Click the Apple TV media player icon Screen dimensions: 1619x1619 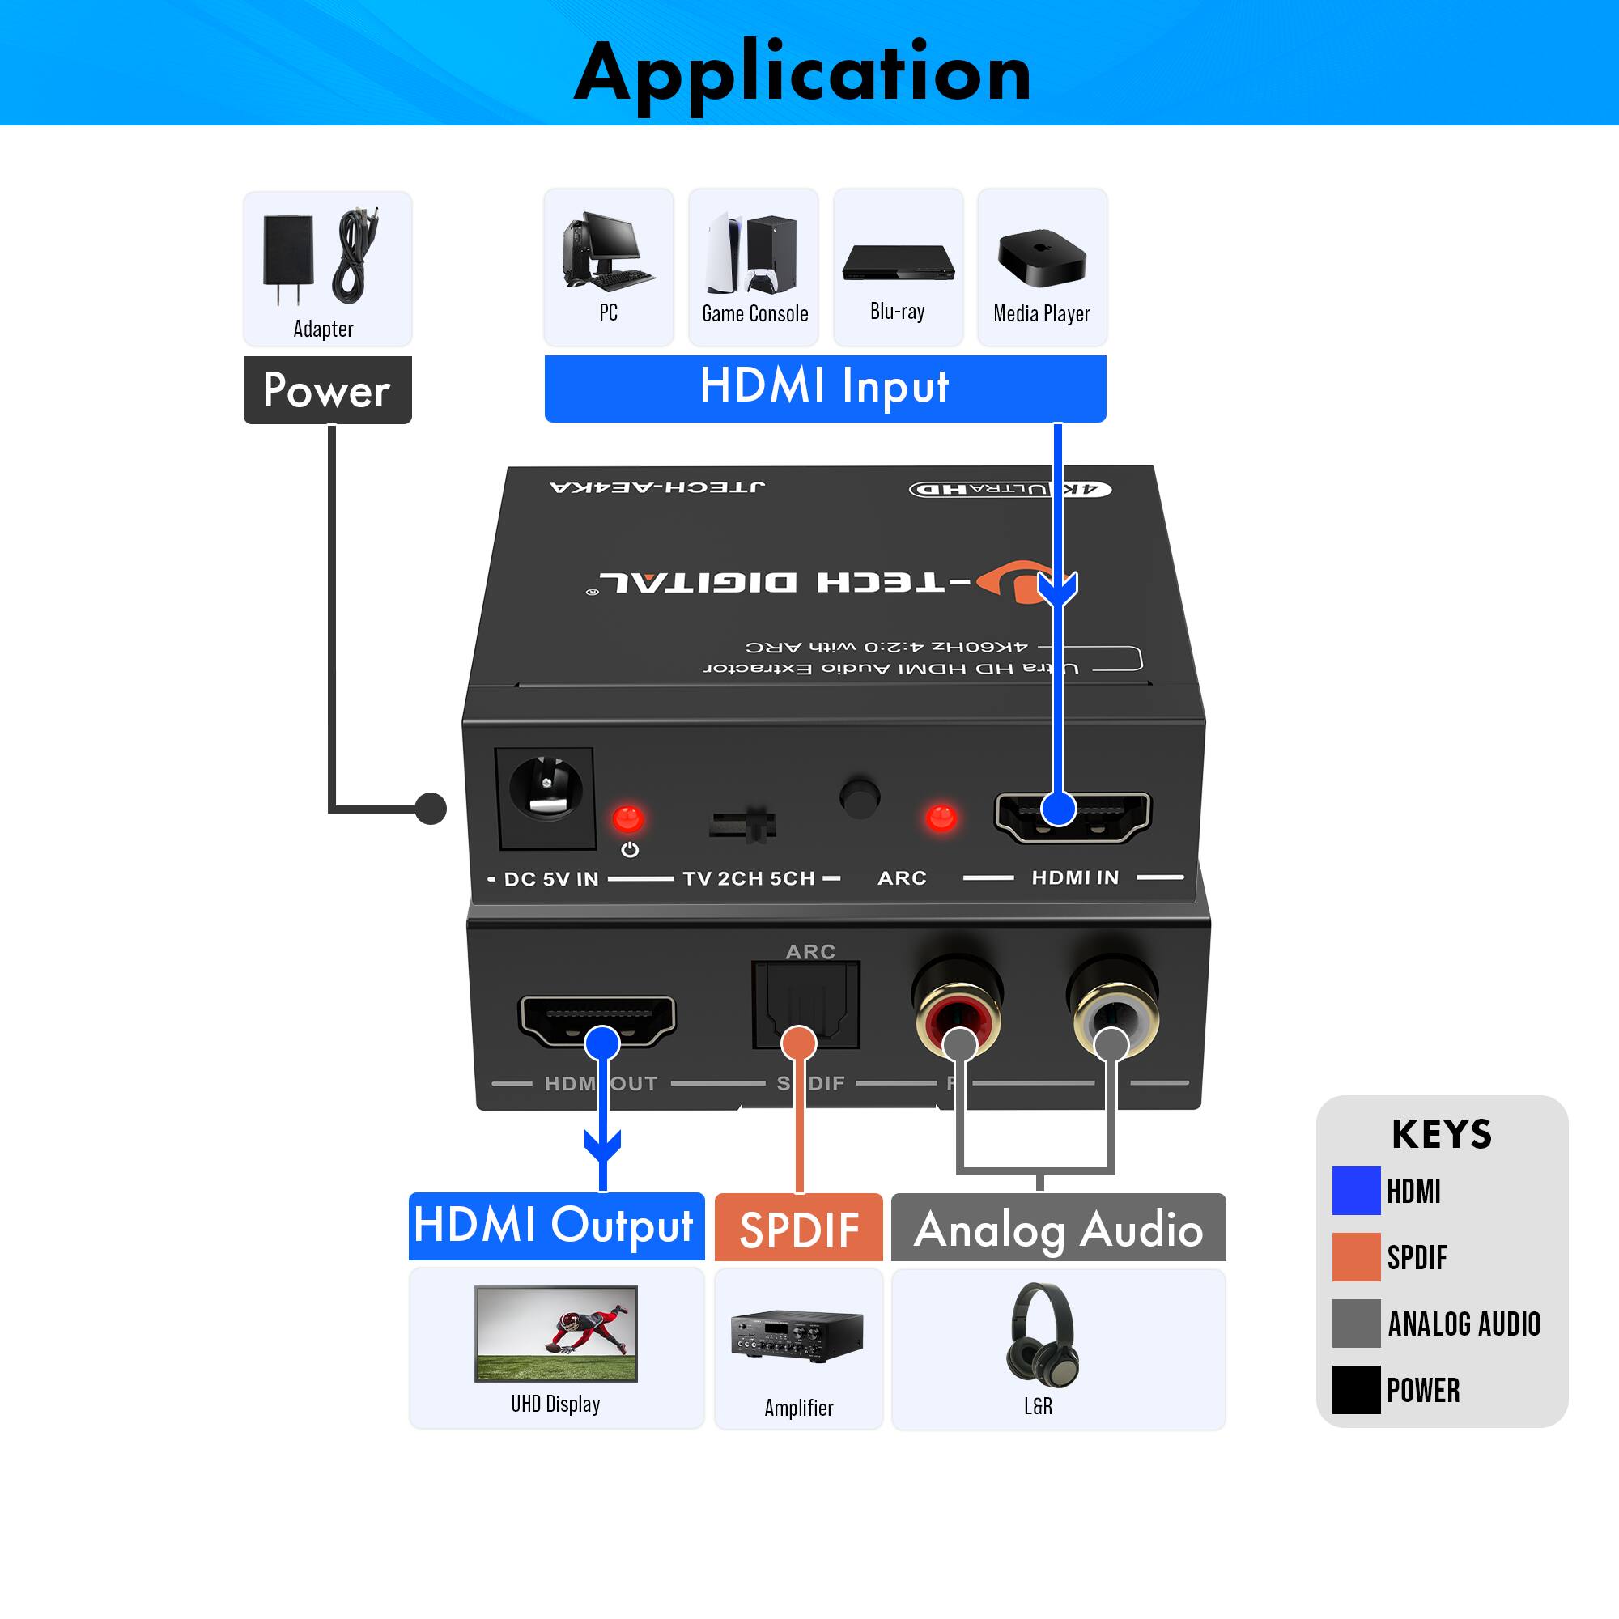[x=1042, y=257]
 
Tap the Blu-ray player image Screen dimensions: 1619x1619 [x=898, y=262]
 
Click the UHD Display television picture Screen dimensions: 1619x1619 [x=555, y=1333]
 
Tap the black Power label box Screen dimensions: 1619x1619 [x=327, y=389]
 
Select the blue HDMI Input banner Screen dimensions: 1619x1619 [x=825, y=388]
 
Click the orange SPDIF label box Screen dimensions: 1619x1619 [x=799, y=1228]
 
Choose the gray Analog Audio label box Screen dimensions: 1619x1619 [x=1057, y=1228]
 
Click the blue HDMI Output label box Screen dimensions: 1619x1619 [x=555, y=1226]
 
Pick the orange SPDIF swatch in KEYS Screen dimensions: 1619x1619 [x=1356, y=1257]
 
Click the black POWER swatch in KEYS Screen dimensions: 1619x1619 [x=1356, y=1390]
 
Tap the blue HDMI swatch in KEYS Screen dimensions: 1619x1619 [x=1356, y=1191]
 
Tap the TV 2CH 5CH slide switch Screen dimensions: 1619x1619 [x=743, y=825]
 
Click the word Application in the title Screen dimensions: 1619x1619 [x=802, y=74]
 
